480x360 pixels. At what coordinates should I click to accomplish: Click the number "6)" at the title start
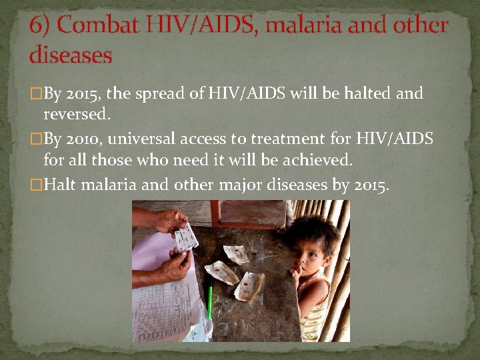click(41, 25)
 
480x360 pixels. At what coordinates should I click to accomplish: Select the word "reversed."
click(76, 114)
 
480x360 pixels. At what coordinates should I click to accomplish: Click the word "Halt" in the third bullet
click(60, 184)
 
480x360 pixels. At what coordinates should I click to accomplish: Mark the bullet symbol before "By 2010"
click(37, 139)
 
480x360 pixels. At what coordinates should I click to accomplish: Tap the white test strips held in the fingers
click(186, 237)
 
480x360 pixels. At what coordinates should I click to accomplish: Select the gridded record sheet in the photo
click(163, 307)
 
